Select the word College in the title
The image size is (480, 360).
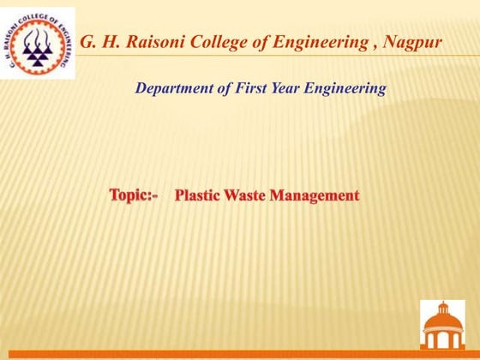tap(216, 42)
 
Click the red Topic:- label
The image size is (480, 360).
tap(134, 195)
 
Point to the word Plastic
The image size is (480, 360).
tap(196, 196)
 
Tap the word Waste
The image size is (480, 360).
tap(243, 196)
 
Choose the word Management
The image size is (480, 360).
tap(314, 196)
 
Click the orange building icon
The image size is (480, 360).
tap(442, 325)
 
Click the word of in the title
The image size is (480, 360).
tap(260, 42)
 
